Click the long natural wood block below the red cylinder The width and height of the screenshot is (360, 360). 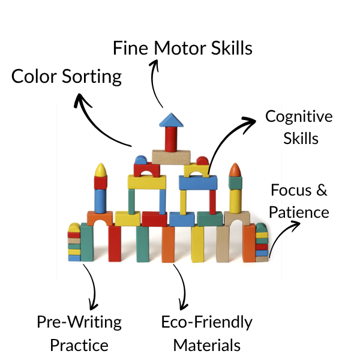coord(171,157)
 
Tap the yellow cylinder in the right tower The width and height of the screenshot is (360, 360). coord(236,197)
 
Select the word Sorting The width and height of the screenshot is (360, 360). coord(92,77)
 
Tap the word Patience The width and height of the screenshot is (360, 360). coord(299,212)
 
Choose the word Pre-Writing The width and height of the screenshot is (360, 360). coord(79,322)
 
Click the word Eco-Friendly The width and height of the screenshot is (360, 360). coord(207,322)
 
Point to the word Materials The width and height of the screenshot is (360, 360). coord(207,346)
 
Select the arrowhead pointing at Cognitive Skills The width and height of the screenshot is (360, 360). coord(250,122)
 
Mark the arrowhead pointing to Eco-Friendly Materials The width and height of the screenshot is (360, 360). coord(181,303)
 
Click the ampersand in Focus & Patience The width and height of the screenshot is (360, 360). coord(322,191)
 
